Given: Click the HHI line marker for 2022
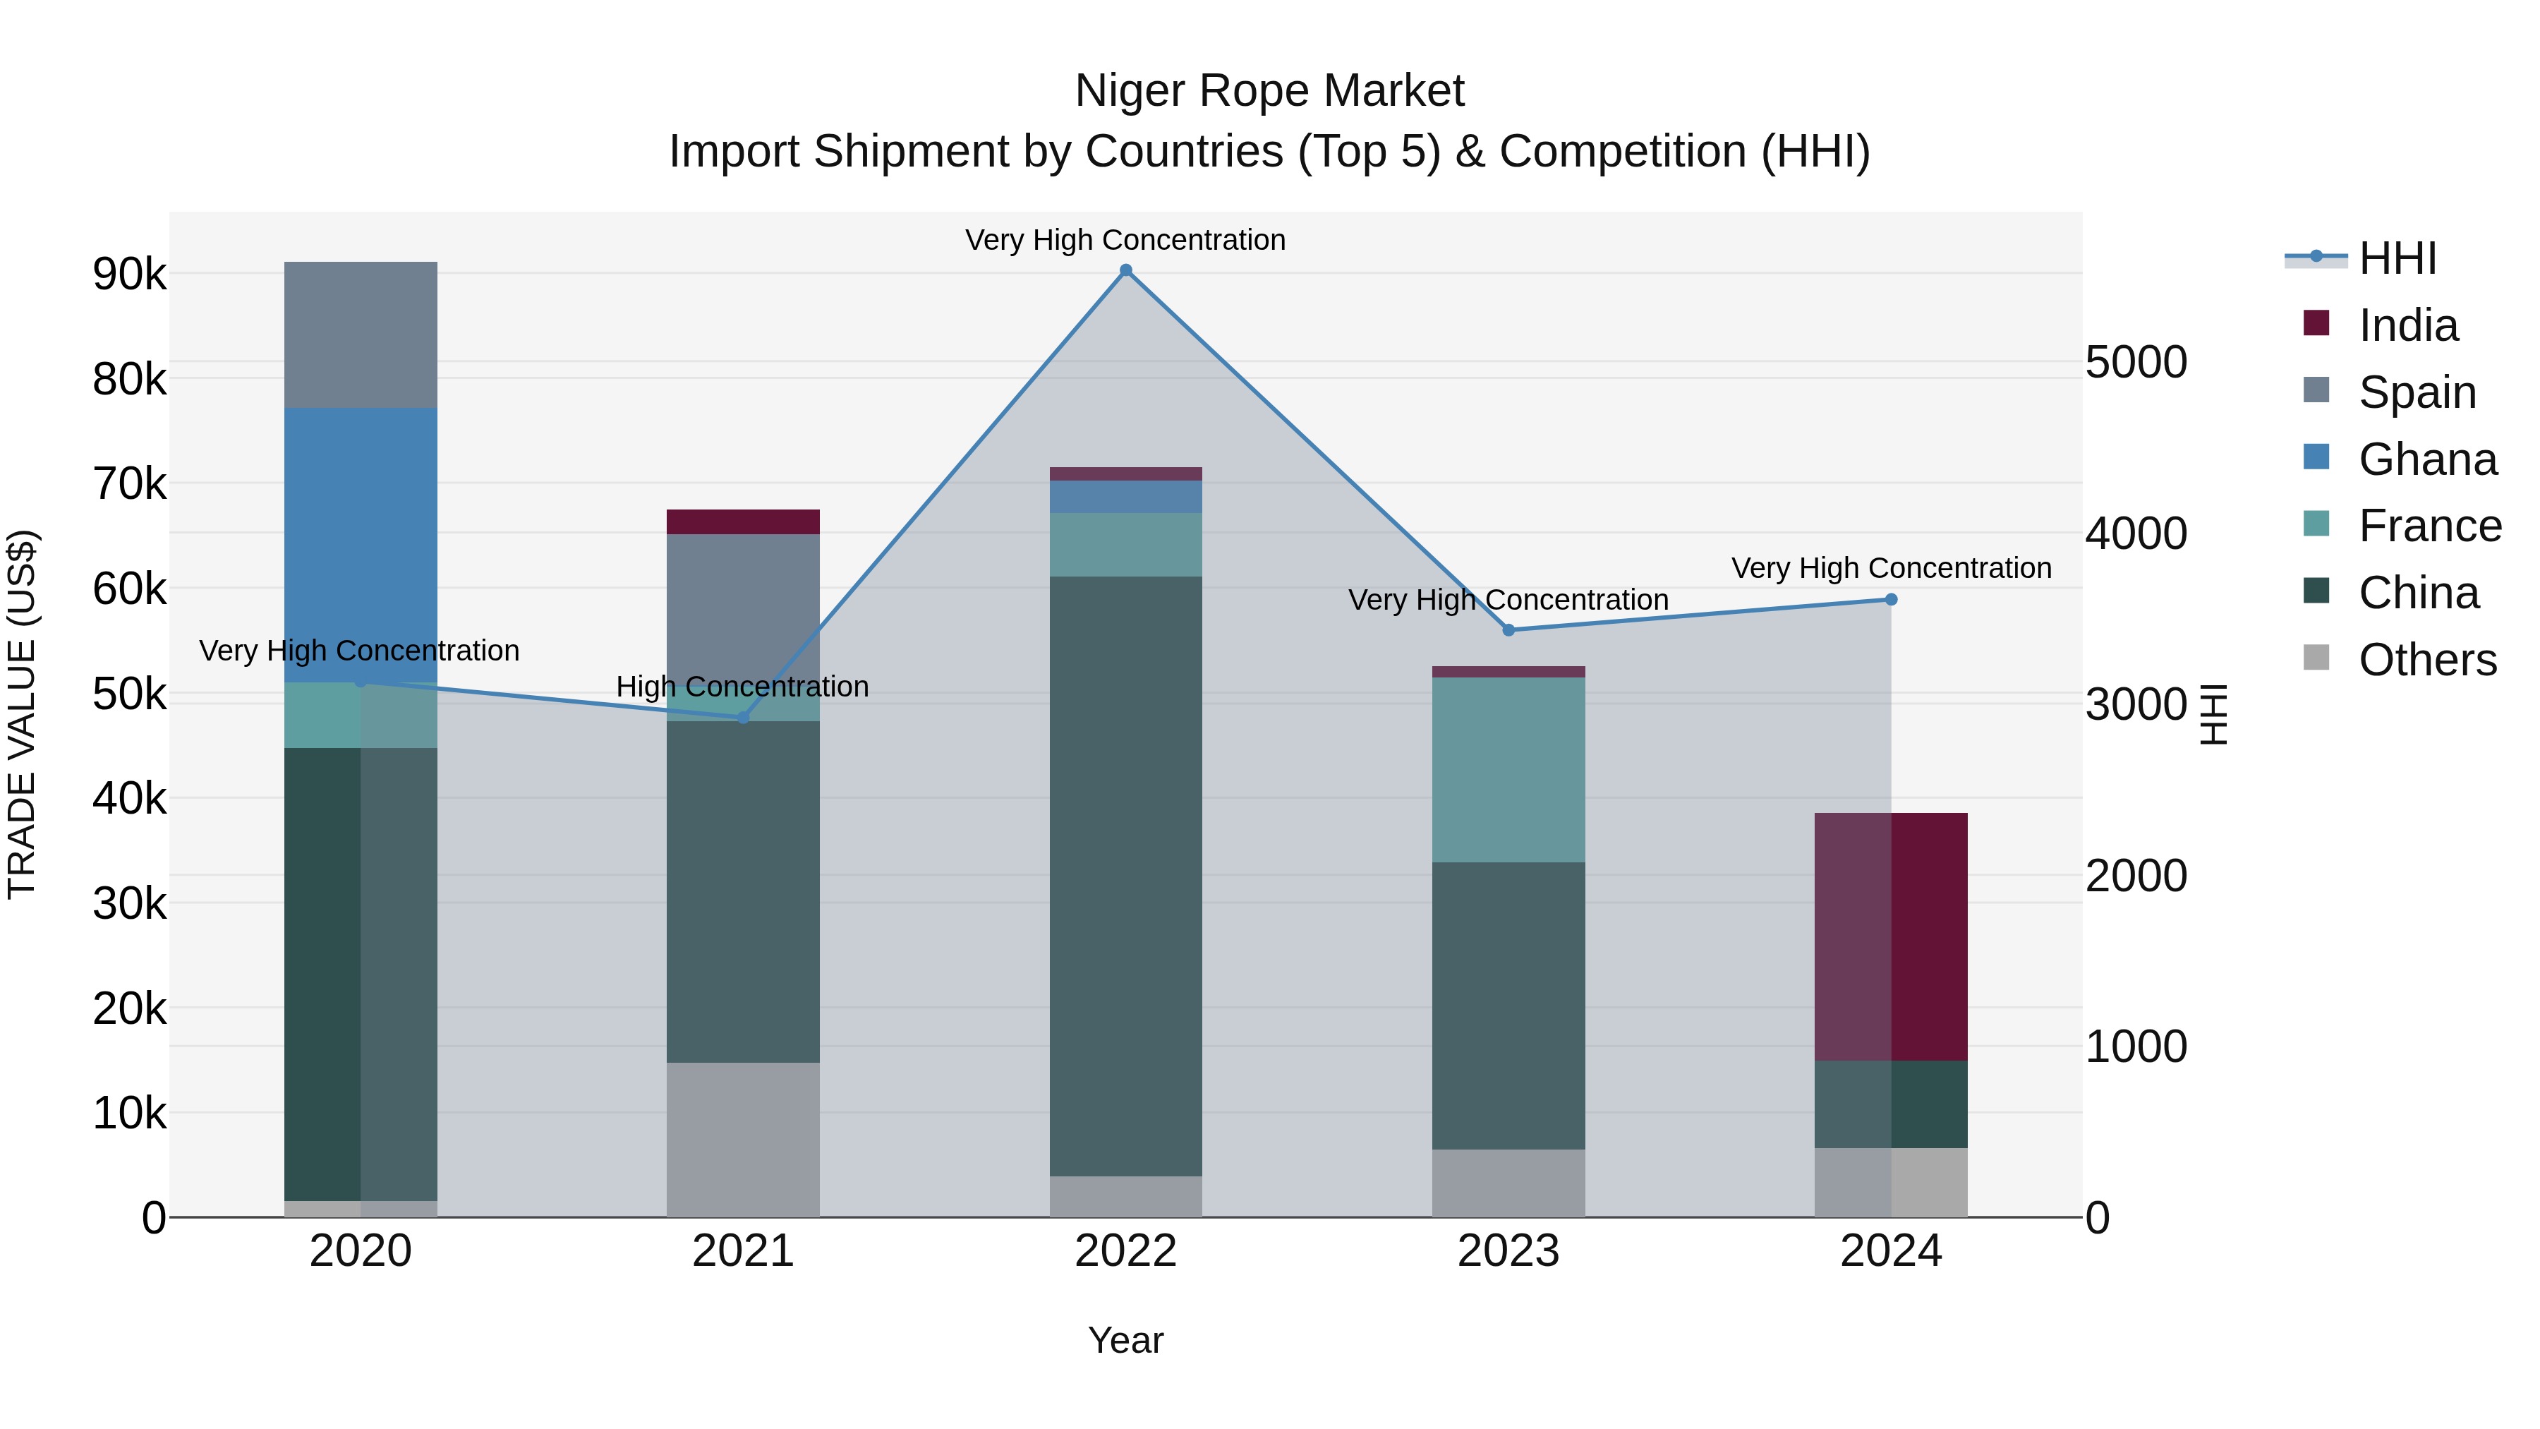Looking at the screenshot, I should tap(1126, 270).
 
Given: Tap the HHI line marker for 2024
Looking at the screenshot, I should tap(1891, 600).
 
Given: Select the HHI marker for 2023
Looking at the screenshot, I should tap(1508, 630).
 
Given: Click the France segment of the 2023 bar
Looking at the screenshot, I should tap(1508, 769).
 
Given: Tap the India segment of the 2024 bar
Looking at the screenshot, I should tap(1891, 937).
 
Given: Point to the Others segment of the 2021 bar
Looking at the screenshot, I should tap(744, 1139).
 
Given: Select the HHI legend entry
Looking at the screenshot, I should tap(2397, 258).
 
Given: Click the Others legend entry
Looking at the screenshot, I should tap(2426, 660).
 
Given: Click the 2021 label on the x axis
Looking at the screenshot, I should tap(744, 1251).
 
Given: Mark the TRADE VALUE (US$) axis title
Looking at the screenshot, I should tap(22, 714).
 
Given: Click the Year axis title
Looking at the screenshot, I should tap(1126, 1340).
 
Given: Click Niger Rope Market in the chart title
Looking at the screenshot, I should tap(1269, 91).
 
